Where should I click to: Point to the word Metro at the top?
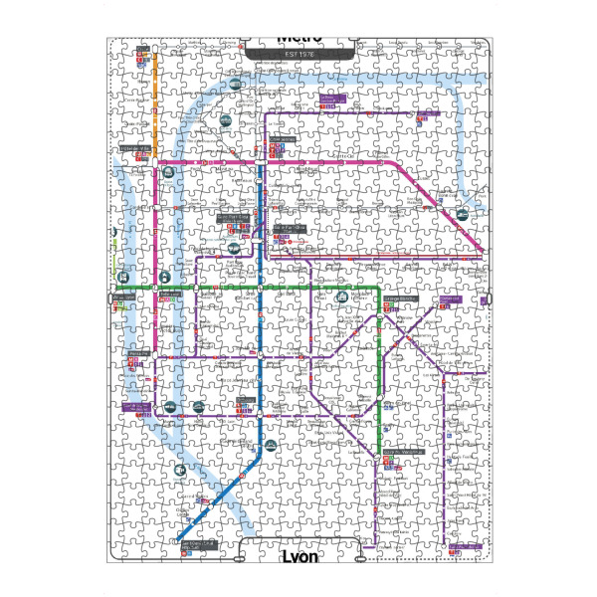pyautogui.click(x=299, y=39)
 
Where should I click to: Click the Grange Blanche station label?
pyautogui.click(x=399, y=300)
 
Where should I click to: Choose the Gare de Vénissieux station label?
pyautogui.click(x=404, y=450)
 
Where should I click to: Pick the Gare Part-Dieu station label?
pyautogui.click(x=289, y=228)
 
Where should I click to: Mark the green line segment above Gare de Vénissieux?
pyautogui.click(x=382, y=398)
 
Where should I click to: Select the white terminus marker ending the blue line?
pyautogui.click(x=180, y=535)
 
